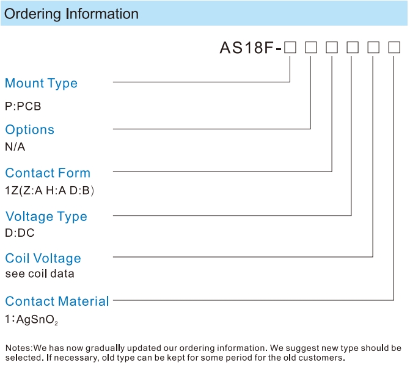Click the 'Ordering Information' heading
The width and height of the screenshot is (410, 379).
coord(71,14)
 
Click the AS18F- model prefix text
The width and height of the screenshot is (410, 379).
coord(251,48)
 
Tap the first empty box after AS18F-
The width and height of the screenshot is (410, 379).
coord(290,48)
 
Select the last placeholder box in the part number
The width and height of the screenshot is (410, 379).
coord(394,48)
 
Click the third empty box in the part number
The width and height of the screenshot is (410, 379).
coord(332,48)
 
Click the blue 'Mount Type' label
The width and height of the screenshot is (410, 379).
coord(42,84)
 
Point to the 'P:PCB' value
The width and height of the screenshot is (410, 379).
coord(23,106)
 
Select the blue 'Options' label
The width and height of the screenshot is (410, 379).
coord(29,129)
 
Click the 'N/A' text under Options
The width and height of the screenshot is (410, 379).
coord(15,146)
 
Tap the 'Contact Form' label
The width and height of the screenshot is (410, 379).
coord(48,173)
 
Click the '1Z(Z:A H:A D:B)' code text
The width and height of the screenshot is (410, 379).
coord(49,190)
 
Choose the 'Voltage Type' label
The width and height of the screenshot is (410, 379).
coord(46,217)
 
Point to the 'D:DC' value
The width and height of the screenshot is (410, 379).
coord(20,233)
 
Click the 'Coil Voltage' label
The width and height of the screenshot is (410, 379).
coord(43,258)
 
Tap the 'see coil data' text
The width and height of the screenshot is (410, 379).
coord(40,274)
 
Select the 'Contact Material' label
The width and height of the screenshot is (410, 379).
coord(57,301)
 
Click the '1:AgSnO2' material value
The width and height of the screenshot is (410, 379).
coord(31,319)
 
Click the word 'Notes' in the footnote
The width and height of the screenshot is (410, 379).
coord(18,348)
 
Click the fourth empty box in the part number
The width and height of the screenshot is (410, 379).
coord(353,48)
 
